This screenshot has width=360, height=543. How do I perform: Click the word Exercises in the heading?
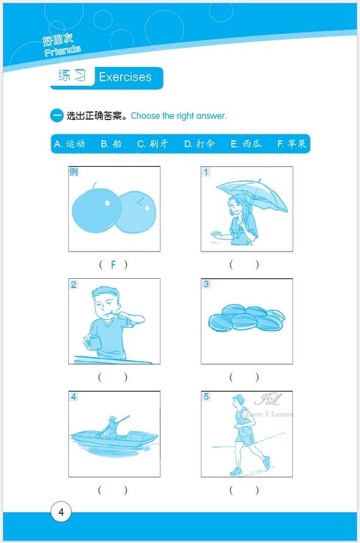[125, 77]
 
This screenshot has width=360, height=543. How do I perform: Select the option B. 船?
[111, 144]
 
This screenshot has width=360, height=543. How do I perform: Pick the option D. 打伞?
[200, 144]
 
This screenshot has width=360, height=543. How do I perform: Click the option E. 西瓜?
[246, 144]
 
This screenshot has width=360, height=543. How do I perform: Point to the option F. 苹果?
[292, 144]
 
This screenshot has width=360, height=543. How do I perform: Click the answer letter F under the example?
[114, 265]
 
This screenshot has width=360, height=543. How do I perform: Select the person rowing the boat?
[111, 427]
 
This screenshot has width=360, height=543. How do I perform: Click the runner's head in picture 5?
[237, 401]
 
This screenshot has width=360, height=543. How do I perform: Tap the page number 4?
[61, 512]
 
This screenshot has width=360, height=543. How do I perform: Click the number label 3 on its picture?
[207, 284]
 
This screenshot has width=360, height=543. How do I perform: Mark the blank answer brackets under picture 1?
[244, 265]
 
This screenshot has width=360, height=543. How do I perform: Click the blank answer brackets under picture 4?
[113, 489]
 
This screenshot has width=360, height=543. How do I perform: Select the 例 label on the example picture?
[74, 172]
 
